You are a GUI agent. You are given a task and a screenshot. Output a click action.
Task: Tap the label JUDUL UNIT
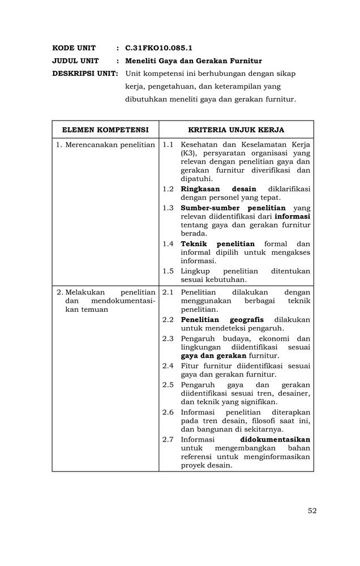(x=75, y=61)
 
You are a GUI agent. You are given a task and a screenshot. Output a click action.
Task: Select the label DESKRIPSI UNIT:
(x=85, y=74)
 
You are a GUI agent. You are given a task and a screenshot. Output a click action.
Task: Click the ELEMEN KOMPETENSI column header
(x=105, y=130)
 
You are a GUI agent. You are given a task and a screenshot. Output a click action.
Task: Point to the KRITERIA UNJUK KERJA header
(x=236, y=130)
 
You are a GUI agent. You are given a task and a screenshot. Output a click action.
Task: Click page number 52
(x=312, y=511)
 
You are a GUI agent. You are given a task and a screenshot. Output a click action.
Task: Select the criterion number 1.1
(x=168, y=145)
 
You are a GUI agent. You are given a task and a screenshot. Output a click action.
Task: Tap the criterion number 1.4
(x=168, y=244)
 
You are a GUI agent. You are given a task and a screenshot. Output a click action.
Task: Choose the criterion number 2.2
(x=168, y=320)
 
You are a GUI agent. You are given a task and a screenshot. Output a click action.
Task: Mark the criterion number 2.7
(x=168, y=439)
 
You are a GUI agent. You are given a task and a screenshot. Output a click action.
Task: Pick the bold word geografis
(x=246, y=320)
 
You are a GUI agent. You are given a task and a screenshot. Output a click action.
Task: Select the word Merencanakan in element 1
(x=89, y=145)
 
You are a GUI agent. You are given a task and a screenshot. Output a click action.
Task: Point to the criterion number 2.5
(x=168, y=385)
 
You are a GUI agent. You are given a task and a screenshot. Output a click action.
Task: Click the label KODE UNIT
(x=74, y=48)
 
